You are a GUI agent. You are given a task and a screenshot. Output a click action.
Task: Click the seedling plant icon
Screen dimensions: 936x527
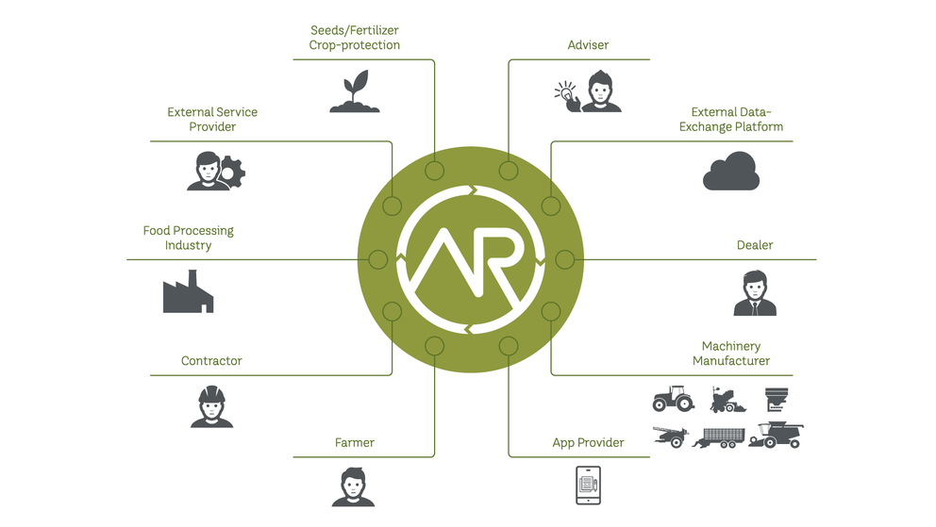(x=355, y=91)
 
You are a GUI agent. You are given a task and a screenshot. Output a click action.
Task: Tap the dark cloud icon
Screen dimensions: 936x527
(x=731, y=171)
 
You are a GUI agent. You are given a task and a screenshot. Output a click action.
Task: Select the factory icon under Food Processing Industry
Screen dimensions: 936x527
(x=188, y=291)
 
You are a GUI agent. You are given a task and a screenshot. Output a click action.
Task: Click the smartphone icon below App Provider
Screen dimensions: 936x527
(x=588, y=486)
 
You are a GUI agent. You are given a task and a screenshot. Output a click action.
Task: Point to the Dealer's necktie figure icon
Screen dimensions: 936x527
(x=755, y=292)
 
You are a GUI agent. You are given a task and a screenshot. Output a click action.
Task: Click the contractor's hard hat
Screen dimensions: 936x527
(x=212, y=394)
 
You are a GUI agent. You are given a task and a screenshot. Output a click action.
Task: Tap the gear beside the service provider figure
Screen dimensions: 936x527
(x=231, y=173)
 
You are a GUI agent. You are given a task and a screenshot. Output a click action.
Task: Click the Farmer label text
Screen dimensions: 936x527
(x=355, y=442)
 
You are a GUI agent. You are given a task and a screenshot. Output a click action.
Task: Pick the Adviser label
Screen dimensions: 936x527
(x=588, y=44)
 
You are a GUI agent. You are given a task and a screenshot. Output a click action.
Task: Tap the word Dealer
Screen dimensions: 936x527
(x=755, y=245)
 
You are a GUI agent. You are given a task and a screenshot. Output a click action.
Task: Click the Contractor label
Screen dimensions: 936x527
(x=211, y=361)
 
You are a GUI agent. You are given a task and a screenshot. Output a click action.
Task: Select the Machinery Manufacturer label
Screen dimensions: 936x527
(x=731, y=354)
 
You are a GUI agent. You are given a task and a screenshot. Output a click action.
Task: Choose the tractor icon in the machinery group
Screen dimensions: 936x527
(x=674, y=398)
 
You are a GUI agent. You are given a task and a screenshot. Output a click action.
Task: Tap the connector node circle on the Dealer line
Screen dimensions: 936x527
(x=564, y=259)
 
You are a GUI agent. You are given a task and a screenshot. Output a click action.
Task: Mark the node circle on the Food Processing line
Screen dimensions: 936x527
(x=377, y=259)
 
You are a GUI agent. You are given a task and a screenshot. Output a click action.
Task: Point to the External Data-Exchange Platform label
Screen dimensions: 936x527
(x=731, y=119)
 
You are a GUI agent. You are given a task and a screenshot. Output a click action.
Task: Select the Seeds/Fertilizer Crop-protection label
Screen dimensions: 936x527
(x=355, y=38)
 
